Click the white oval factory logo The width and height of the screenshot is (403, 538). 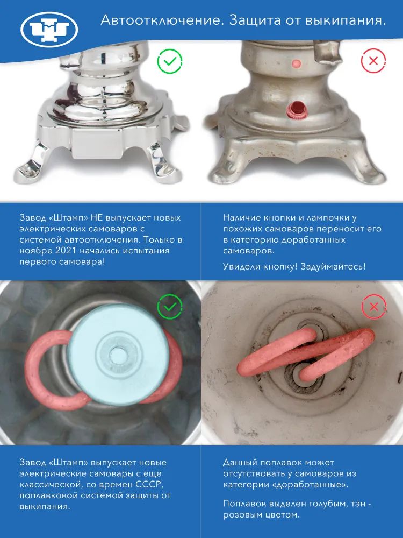[x=49, y=29]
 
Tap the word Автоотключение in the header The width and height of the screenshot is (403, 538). [x=161, y=20]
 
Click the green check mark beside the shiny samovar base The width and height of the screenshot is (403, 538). [x=170, y=61]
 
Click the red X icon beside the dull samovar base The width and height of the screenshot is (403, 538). [x=373, y=61]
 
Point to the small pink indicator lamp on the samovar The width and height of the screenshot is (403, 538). [x=297, y=63]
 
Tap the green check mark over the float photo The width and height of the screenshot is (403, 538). [x=170, y=307]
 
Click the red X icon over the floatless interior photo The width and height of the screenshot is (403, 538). [x=373, y=307]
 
